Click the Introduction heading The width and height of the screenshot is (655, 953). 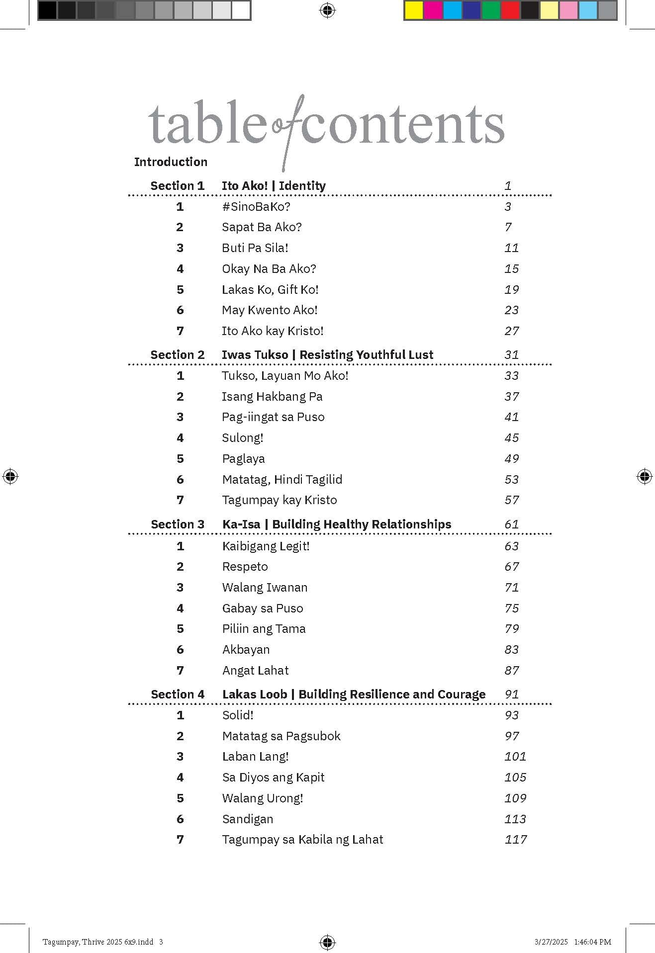click(x=171, y=162)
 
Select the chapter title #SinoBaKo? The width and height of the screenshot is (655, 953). click(x=256, y=206)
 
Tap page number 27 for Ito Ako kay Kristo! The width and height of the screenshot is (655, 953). click(x=511, y=331)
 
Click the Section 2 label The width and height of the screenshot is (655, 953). click(x=177, y=355)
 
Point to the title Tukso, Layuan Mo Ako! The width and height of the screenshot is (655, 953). click(x=285, y=376)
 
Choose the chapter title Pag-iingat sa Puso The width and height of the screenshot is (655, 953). click(x=273, y=417)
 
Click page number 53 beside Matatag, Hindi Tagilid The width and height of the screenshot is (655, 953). click(x=511, y=480)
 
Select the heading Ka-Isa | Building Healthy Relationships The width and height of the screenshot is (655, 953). click(x=337, y=524)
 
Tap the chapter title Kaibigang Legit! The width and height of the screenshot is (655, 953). click(x=266, y=546)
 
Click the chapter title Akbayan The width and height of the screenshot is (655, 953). click(x=246, y=650)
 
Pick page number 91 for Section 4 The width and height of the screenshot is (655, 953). click(x=511, y=694)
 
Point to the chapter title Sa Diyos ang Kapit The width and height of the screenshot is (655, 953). click(x=273, y=778)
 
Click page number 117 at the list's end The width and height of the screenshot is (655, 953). click(x=515, y=840)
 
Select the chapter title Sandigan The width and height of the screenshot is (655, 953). click(x=247, y=819)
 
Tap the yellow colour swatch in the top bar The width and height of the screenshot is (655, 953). click(x=413, y=10)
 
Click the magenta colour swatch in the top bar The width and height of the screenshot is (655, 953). click(x=433, y=10)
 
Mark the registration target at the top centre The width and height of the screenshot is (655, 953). click(x=327, y=10)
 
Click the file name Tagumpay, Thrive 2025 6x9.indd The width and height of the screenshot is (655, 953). click(x=98, y=942)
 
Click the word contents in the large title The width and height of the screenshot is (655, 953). click(x=402, y=125)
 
